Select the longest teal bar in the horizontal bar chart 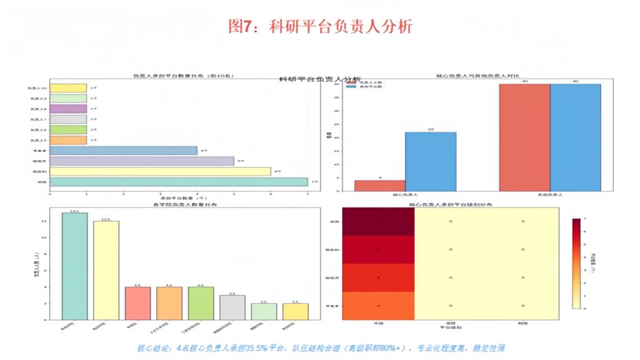point(178,182)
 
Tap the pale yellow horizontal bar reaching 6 point(160,171)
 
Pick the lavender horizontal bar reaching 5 point(141,161)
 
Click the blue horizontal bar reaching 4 point(123,150)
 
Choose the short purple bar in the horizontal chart point(67,109)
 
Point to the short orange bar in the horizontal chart point(67,140)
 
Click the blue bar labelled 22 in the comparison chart point(431,161)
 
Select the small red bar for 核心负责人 point(379,186)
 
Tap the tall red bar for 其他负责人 point(524,137)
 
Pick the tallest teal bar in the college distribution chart point(74,266)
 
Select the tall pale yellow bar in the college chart point(106,270)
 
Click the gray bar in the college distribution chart point(232,307)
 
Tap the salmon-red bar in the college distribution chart point(137,303)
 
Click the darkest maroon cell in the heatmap point(378,221)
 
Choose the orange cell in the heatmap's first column point(378,306)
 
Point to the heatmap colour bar point(576,263)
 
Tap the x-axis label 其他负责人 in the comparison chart point(550,196)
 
